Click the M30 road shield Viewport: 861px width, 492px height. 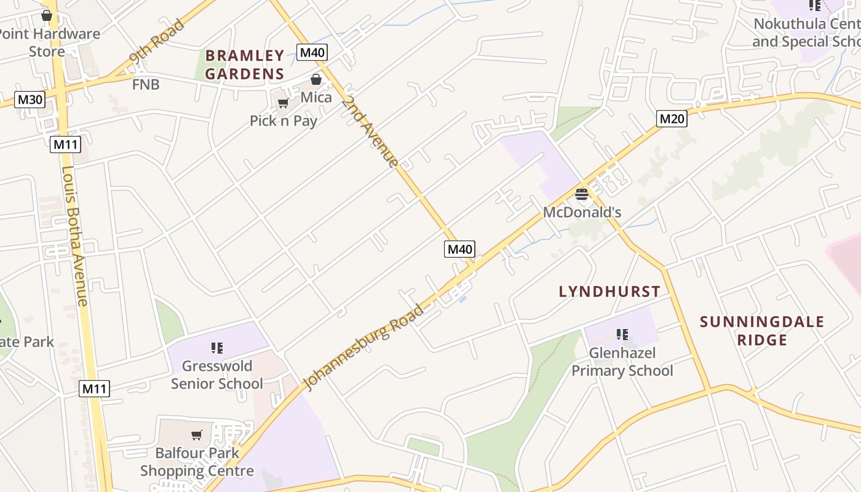tap(30, 100)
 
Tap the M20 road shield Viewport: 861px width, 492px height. tap(672, 119)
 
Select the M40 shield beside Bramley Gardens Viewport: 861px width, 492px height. tap(312, 52)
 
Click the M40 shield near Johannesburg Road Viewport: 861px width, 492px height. tap(459, 249)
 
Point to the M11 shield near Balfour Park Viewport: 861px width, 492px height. tap(95, 389)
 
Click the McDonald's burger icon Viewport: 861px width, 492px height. tap(582, 195)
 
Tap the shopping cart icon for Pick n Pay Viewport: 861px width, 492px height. tap(283, 103)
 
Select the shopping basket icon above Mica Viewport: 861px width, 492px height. tap(316, 79)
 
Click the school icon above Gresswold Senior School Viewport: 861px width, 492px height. tap(216, 348)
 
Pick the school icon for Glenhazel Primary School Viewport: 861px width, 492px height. tap(622, 335)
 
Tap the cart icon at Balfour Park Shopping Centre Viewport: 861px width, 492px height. tap(197, 435)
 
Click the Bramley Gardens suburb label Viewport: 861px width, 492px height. tap(245, 65)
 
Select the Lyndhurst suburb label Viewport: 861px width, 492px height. tap(609, 292)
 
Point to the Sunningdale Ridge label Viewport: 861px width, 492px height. tap(762, 331)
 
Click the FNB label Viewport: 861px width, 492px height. tap(146, 84)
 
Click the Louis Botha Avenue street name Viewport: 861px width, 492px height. tap(75, 236)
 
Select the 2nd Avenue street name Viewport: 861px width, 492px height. tap(370, 130)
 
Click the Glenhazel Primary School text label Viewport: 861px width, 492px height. tap(622, 362)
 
